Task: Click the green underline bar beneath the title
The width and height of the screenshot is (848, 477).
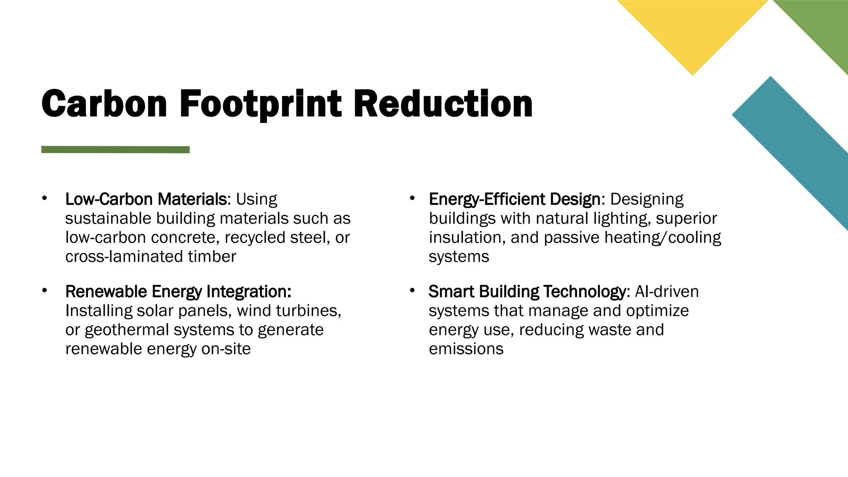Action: click(x=116, y=149)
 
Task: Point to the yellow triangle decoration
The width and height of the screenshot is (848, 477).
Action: click(x=693, y=29)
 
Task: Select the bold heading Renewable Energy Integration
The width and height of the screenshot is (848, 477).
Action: click(x=178, y=291)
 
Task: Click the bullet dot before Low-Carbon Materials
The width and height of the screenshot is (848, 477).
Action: click(x=44, y=198)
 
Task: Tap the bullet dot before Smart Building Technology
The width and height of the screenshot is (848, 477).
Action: click(x=412, y=291)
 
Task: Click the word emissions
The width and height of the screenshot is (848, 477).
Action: click(x=466, y=349)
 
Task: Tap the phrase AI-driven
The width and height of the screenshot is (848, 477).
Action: click(x=667, y=291)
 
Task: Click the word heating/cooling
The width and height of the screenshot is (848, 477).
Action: click(x=662, y=238)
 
